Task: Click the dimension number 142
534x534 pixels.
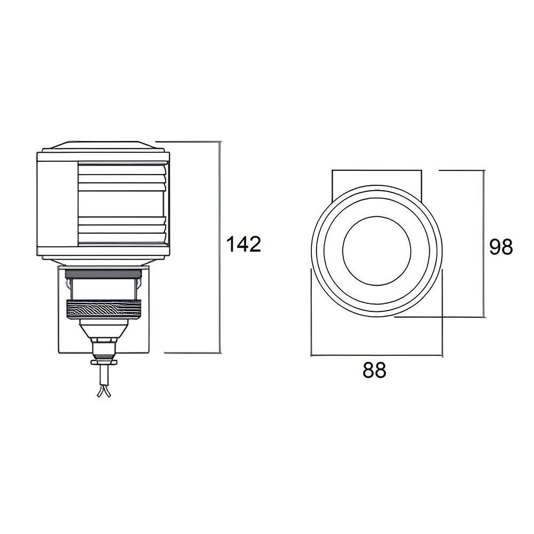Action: pos(244,244)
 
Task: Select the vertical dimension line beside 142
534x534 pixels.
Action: pos(220,247)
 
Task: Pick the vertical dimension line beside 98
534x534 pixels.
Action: pos(483,244)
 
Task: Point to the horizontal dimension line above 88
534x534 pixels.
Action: pos(376,355)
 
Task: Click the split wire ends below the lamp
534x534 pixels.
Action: pos(104,391)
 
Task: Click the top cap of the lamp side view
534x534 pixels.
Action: pos(104,145)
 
